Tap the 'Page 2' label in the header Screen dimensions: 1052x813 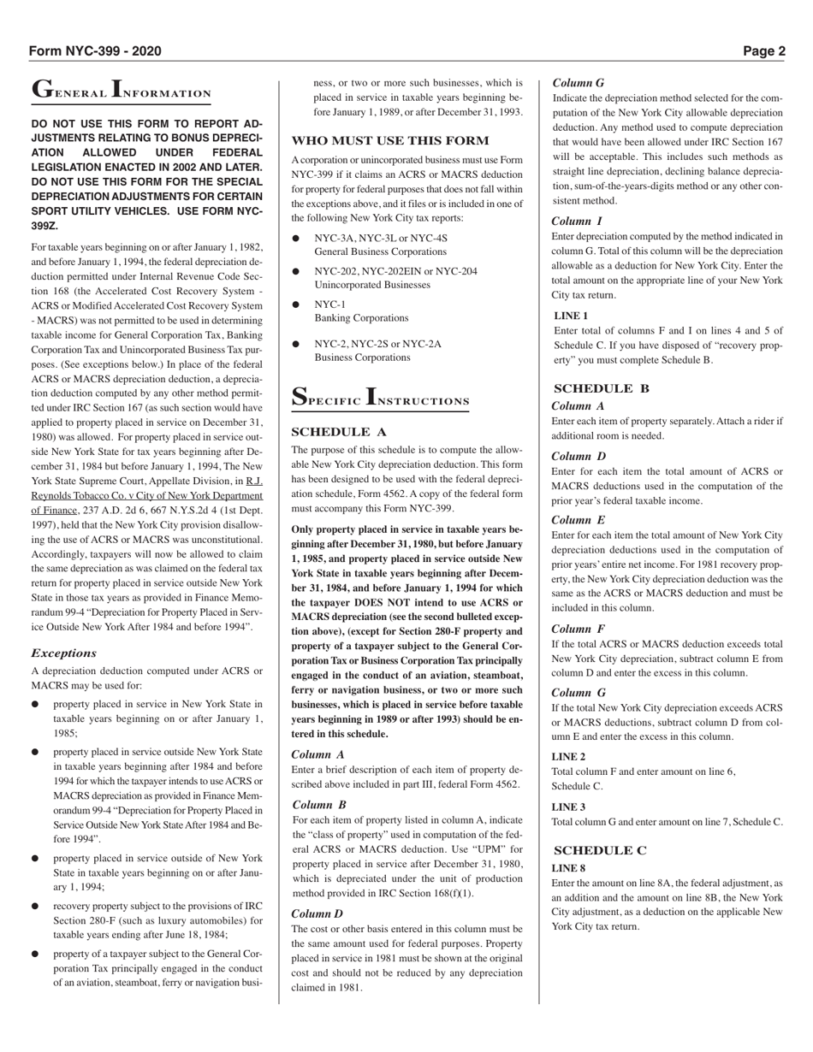point(763,51)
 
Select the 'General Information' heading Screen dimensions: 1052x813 point(121,90)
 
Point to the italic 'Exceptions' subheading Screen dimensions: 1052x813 point(64,653)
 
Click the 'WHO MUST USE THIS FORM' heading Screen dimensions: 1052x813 point(390,141)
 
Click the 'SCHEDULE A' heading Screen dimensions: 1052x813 point(339,433)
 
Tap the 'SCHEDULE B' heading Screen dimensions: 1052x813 point(602,388)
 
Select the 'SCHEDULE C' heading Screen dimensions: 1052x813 point(601,850)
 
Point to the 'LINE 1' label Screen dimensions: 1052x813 point(571,316)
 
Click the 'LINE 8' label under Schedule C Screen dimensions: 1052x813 point(568,867)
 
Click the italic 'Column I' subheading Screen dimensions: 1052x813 point(577,221)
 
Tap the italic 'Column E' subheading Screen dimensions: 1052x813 point(579,519)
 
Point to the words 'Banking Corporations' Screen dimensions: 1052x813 point(361,318)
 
